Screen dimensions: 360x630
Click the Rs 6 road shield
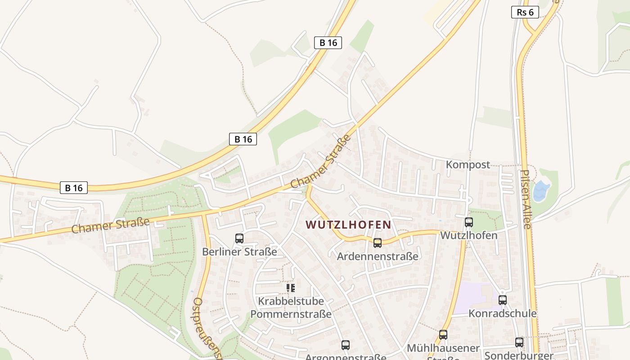click(525, 12)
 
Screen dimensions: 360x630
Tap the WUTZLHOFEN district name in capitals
click(348, 224)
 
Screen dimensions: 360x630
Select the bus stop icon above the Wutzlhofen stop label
click(468, 222)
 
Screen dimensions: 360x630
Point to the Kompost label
click(468, 165)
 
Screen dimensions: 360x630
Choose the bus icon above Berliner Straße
click(239, 238)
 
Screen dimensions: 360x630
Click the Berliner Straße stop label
click(239, 252)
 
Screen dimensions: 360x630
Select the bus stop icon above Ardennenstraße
click(377, 243)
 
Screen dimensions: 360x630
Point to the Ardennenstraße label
click(378, 256)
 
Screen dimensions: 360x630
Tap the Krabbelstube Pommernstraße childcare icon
click(291, 288)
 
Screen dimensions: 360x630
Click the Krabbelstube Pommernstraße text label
click(291, 307)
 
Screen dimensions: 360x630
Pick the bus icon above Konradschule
click(502, 300)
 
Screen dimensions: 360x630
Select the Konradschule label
click(503, 313)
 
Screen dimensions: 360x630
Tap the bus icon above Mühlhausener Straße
click(443, 335)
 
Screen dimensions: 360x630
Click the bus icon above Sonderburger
click(519, 342)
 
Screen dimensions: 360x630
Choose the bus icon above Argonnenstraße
click(345, 345)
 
